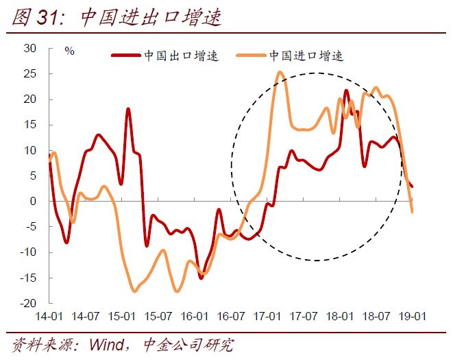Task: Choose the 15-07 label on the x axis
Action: pyautogui.click(x=158, y=317)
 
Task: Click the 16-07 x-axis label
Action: pyautogui.click(x=231, y=317)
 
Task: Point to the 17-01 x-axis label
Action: pyautogui.click(x=267, y=317)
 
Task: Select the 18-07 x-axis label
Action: pyautogui.click(x=376, y=317)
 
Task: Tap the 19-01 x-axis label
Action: pyautogui.click(x=413, y=317)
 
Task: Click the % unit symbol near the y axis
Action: pyautogui.click(x=69, y=51)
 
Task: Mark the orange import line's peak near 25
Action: pyautogui.click(x=280, y=72)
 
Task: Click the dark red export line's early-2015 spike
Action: pyautogui.click(x=128, y=109)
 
